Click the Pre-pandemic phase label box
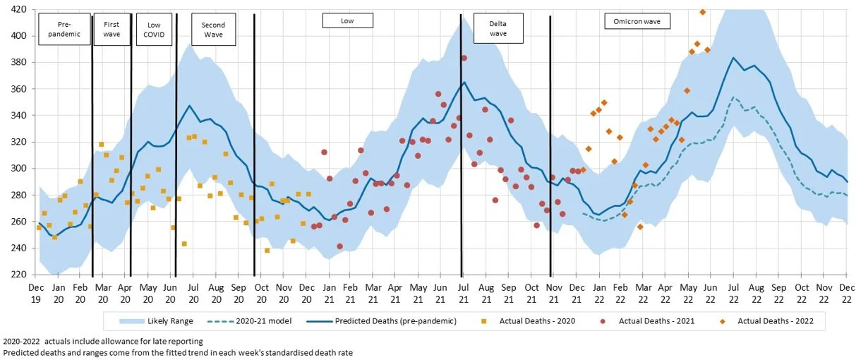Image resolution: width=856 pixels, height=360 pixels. click(64, 29)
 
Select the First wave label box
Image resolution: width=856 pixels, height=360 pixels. click(111, 29)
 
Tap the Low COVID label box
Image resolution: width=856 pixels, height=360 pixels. click(153, 29)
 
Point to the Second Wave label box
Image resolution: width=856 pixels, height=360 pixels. click(213, 29)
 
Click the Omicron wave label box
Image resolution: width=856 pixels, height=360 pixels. click(637, 21)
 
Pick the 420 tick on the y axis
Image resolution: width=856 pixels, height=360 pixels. click(19, 9)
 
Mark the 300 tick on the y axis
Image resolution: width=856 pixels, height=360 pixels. click(19, 169)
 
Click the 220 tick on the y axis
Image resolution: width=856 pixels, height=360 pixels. click(19, 275)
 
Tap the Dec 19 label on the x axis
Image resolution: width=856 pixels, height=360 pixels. click(36, 293)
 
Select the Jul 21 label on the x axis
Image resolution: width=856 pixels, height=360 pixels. click(463, 293)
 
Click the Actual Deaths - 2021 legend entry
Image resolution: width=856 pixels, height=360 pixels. click(649, 322)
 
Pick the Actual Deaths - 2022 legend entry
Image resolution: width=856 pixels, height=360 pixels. click(768, 322)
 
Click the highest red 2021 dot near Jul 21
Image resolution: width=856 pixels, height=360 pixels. click(464, 58)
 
